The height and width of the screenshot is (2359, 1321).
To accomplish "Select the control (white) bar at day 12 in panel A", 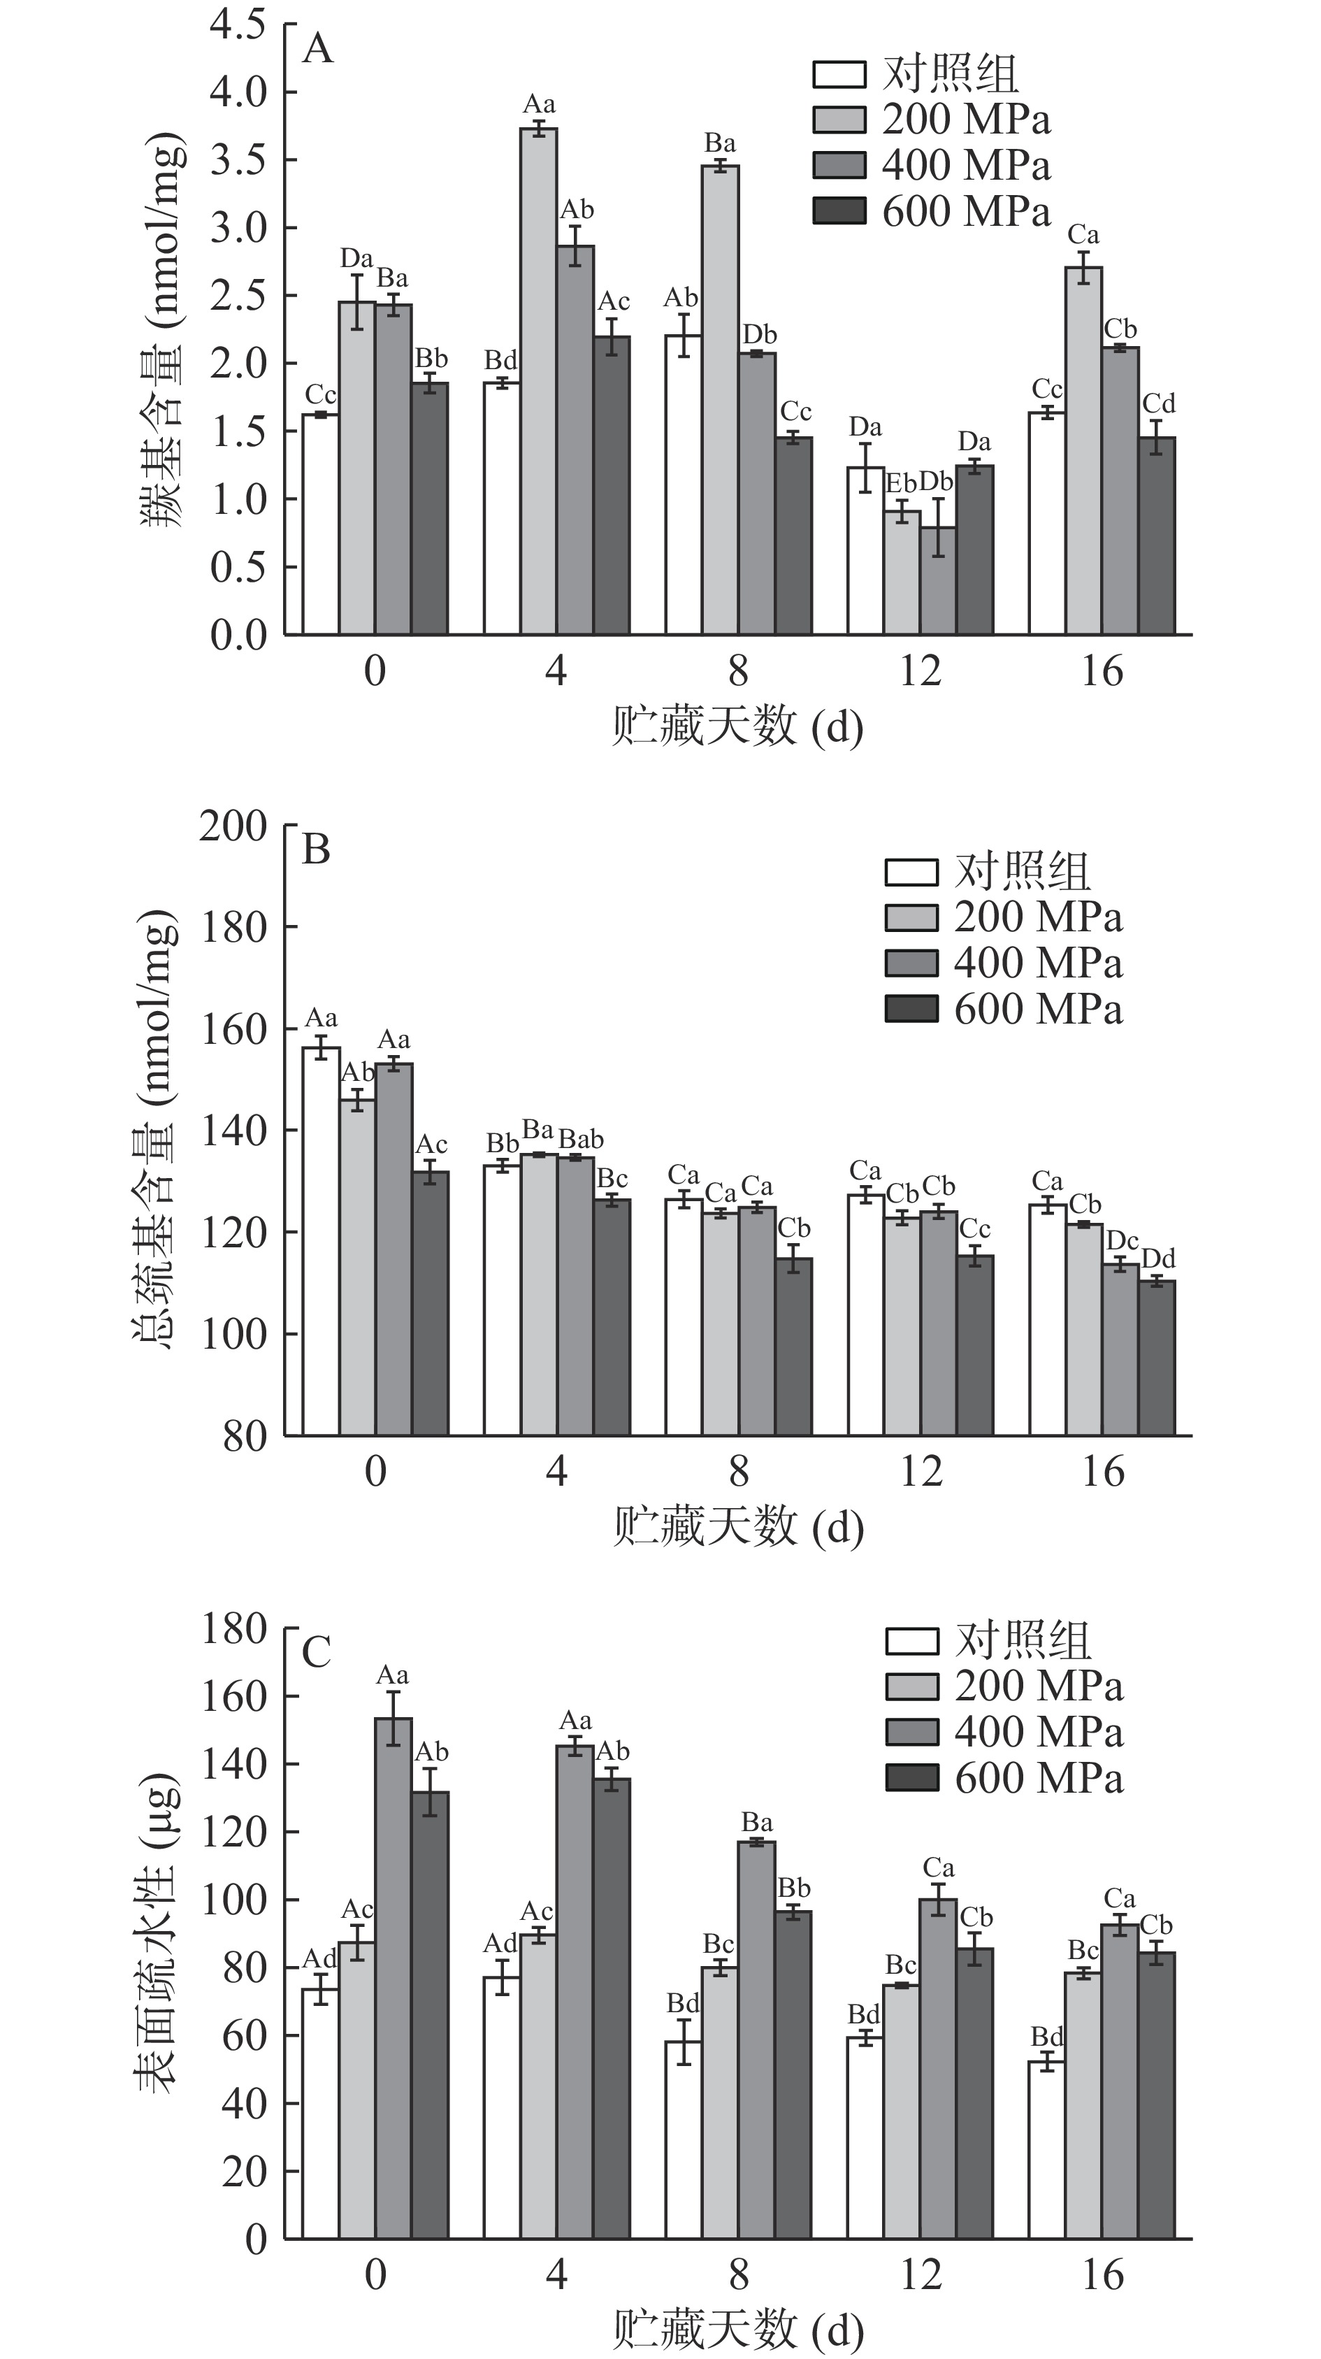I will [x=865, y=550].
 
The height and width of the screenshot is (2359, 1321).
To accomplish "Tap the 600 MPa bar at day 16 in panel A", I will [x=1157, y=536].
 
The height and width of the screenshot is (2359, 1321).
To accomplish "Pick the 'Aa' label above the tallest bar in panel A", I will [x=539, y=104].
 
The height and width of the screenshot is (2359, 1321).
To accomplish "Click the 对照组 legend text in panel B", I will [x=1023, y=871].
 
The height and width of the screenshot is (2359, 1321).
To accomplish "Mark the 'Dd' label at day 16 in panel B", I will [x=1158, y=1259].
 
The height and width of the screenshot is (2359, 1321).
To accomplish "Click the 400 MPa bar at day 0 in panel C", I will [x=394, y=1978].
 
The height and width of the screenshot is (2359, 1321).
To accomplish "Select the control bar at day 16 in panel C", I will [x=1046, y=2149].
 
